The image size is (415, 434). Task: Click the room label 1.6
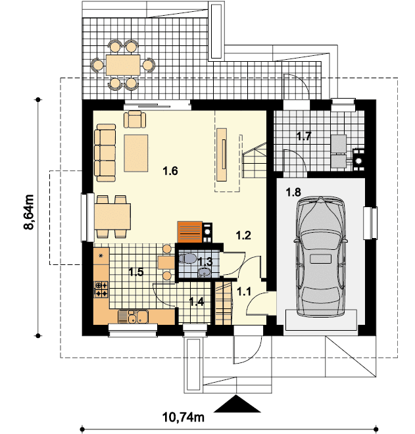[x=170, y=171]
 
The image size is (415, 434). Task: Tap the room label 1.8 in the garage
[x=293, y=192]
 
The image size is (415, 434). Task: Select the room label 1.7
[x=304, y=136]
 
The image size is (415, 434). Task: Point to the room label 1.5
[x=136, y=272]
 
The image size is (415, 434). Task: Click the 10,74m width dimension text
[x=183, y=417]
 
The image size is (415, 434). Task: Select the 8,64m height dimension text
[x=29, y=212]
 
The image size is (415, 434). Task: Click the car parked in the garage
[x=320, y=256]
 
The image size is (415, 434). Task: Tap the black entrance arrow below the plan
[x=237, y=404]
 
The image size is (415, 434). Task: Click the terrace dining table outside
[x=123, y=65]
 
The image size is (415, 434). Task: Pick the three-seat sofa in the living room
[x=105, y=153]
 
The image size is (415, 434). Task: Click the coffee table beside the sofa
[x=136, y=153]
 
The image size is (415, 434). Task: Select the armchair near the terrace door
[x=135, y=119]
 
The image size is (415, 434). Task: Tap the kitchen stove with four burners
[x=101, y=289]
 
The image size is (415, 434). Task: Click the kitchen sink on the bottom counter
[x=133, y=317]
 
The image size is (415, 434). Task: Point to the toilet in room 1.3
[x=187, y=258]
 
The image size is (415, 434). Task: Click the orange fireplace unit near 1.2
[x=190, y=232]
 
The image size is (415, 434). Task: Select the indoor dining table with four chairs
[x=112, y=216]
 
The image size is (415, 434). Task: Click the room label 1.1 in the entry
[x=244, y=291]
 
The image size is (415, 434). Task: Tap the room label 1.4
[x=197, y=301]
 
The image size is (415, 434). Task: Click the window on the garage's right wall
[x=370, y=223]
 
